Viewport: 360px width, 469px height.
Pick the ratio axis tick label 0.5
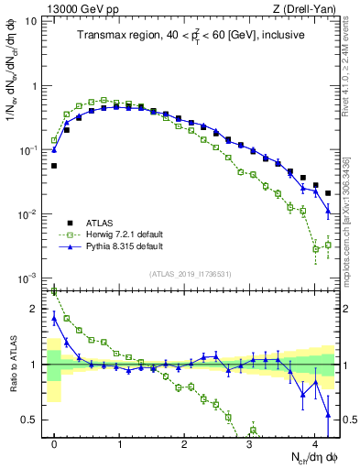click(32, 420)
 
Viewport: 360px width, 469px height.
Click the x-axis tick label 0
click(54, 444)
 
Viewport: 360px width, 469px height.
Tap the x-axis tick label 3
click(250, 444)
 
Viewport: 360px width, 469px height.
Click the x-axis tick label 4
click(315, 444)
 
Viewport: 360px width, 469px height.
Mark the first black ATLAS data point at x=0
click(54, 166)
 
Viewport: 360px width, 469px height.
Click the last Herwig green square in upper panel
click(328, 245)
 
